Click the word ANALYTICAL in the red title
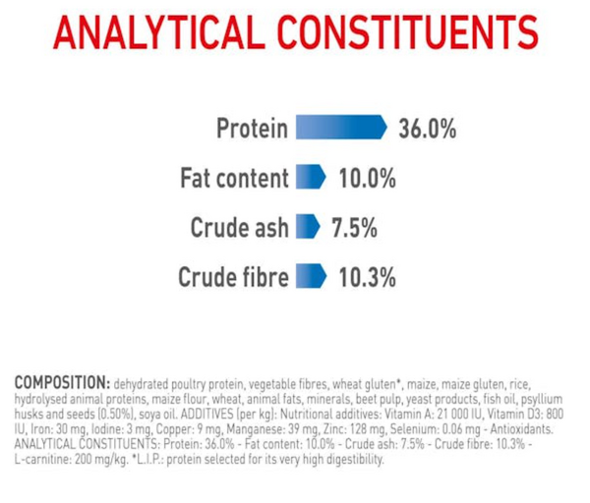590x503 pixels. (x=159, y=32)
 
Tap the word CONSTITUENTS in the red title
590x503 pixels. (x=408, y=32)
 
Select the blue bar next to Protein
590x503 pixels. (x=341, y=127)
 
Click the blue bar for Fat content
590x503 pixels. (x=311, y=177)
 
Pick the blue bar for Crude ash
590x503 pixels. (x=308, y=226)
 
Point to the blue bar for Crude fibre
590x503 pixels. (x=311, y=276)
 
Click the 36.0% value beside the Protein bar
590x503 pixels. (x=428, y=129)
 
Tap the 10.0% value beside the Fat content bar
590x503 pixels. (x=367, y=178)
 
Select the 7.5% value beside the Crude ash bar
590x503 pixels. (x=354, y=228)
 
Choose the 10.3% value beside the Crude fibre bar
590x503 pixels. (x=367, y=277)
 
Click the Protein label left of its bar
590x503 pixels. (x=252, y=128)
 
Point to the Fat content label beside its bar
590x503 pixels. (x=234, y=178)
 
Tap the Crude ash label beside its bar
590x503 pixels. (x=239, y=228)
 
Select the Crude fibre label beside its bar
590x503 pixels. (x=233, y=277)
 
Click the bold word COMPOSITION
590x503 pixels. (x=62, y=383)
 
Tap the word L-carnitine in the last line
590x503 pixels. (x=42, y=459)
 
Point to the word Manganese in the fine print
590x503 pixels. (x=256, y=429)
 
